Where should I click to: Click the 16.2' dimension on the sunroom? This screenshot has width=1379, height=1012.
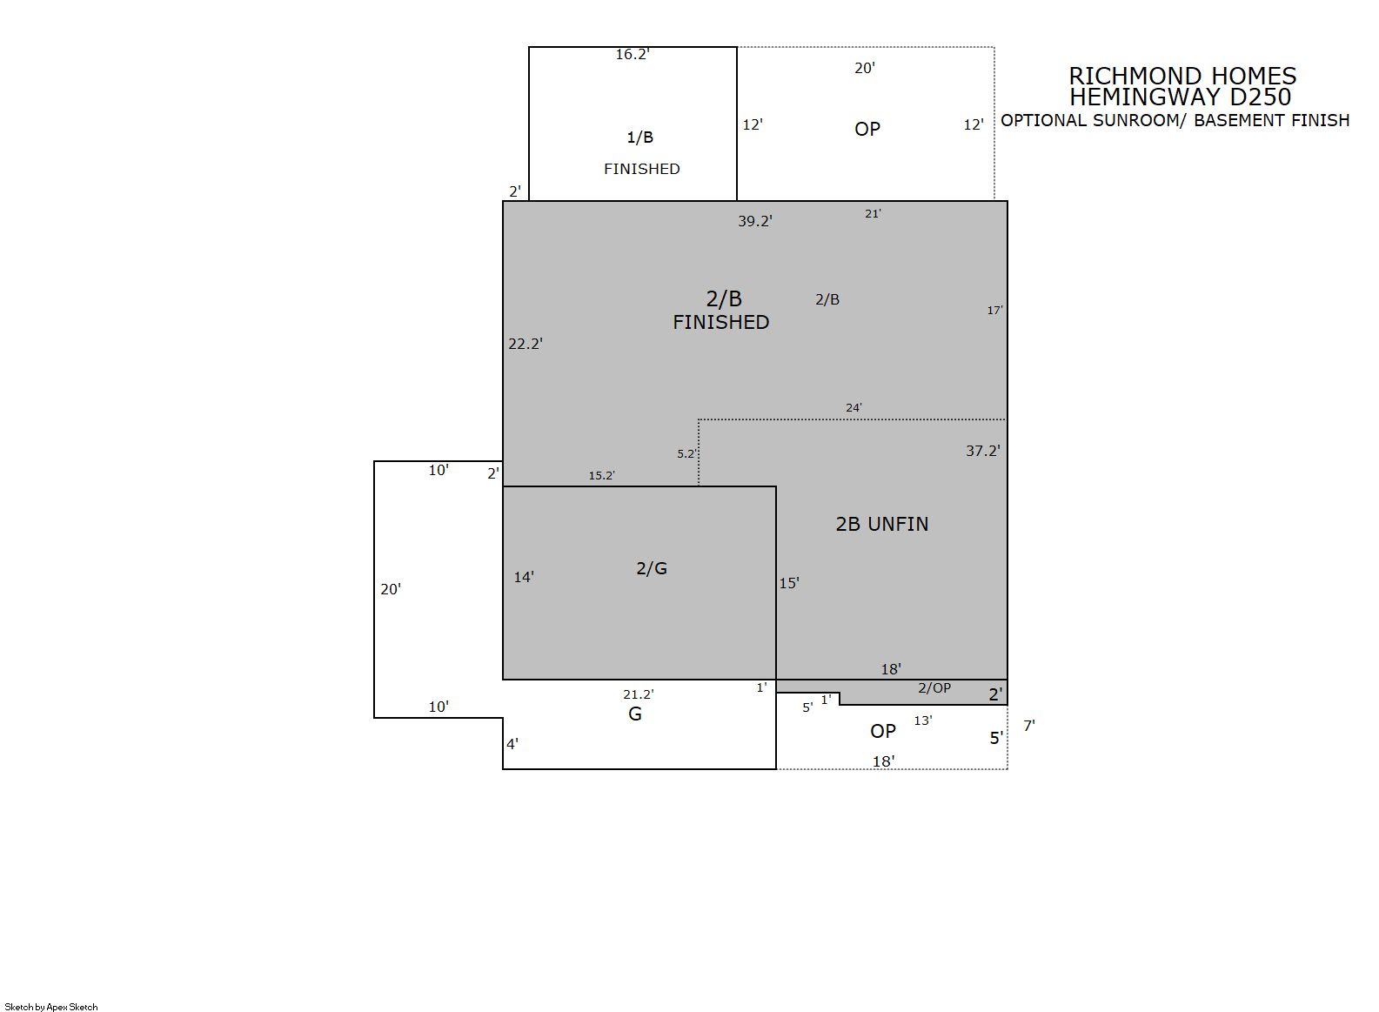pos(633,55)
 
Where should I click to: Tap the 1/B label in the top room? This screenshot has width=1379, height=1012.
pos(639,137)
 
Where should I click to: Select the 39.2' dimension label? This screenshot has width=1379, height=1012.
pos(755,221)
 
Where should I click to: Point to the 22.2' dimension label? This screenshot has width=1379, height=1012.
pos(525,344)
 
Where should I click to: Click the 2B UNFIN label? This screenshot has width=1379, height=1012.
pos(881,524)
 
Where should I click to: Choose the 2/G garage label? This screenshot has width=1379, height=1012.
pos(652,568)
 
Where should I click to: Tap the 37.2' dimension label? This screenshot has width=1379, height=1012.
pos(982,452)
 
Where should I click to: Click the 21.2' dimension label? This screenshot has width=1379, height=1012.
pos(639,694)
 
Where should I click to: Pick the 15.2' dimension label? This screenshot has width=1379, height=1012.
pos(601,475)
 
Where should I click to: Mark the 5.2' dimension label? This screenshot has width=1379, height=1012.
pos(686,453)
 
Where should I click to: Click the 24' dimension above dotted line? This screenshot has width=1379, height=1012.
pos(854,407)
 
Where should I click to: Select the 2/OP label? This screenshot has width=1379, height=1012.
pos(934,687)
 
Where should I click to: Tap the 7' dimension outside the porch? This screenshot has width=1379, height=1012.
pos(1029,726)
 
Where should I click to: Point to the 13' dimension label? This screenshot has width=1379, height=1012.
pos(923,720)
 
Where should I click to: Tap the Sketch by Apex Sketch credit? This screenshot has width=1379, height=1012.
pos(51,1007)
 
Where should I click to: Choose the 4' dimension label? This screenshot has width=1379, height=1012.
pos(512,744)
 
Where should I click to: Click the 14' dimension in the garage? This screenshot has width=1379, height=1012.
pos(524,578)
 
